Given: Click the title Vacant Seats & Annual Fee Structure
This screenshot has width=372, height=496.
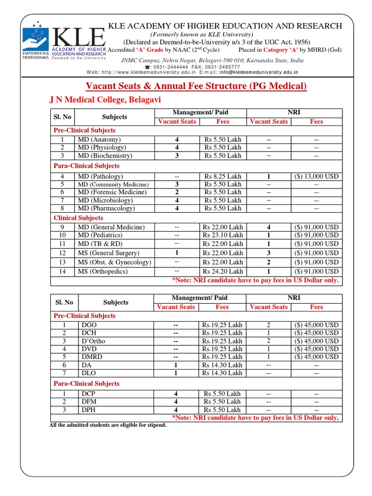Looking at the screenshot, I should [196, 86].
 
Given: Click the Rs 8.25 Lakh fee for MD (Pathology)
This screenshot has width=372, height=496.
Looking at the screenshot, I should [223, 176].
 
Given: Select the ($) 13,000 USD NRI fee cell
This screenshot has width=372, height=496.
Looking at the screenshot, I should [316, 176].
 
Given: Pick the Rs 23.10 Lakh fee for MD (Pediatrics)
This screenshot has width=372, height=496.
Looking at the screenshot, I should [223, 235].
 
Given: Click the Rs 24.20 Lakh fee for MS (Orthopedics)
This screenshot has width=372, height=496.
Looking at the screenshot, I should [223, 271].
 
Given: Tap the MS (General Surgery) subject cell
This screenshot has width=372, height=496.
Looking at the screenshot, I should [108, 253].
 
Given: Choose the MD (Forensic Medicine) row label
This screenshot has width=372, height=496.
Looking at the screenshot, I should [112, 192].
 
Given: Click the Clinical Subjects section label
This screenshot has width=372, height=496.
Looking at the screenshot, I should [78, 218].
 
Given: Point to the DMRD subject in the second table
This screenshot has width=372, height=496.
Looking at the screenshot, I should [92, 356].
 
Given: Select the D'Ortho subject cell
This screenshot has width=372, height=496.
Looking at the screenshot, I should [93, 341].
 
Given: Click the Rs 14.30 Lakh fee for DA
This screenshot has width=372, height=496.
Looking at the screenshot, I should [223, 365].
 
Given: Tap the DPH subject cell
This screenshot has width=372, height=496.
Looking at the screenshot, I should [89, 410].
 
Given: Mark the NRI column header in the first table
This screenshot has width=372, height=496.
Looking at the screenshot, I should [294, 112].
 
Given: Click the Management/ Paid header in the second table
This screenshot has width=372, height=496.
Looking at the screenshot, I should [200, 297].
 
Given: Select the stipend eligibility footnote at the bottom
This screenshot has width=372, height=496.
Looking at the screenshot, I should [108, 425].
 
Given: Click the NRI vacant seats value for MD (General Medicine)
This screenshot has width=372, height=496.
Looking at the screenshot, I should [268, 227].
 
